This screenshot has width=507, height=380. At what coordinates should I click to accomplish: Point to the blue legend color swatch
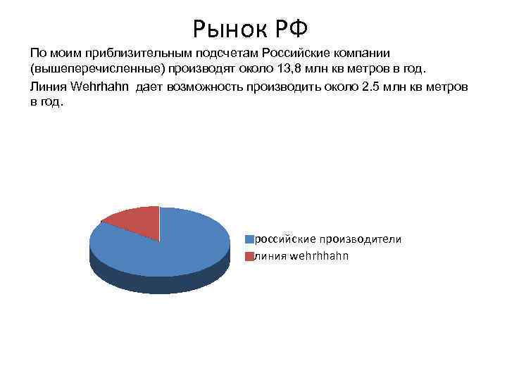(x=249, y=239)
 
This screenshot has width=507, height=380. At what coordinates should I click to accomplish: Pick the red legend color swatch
(x=249, y=256)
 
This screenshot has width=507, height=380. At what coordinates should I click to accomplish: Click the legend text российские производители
(x=327, y=239)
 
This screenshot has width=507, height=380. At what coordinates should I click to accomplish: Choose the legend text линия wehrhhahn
(x=301, y=256)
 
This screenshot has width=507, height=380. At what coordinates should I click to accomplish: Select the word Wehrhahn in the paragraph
(x=98, y=86)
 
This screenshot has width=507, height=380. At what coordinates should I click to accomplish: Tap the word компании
(x=360, y=53)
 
